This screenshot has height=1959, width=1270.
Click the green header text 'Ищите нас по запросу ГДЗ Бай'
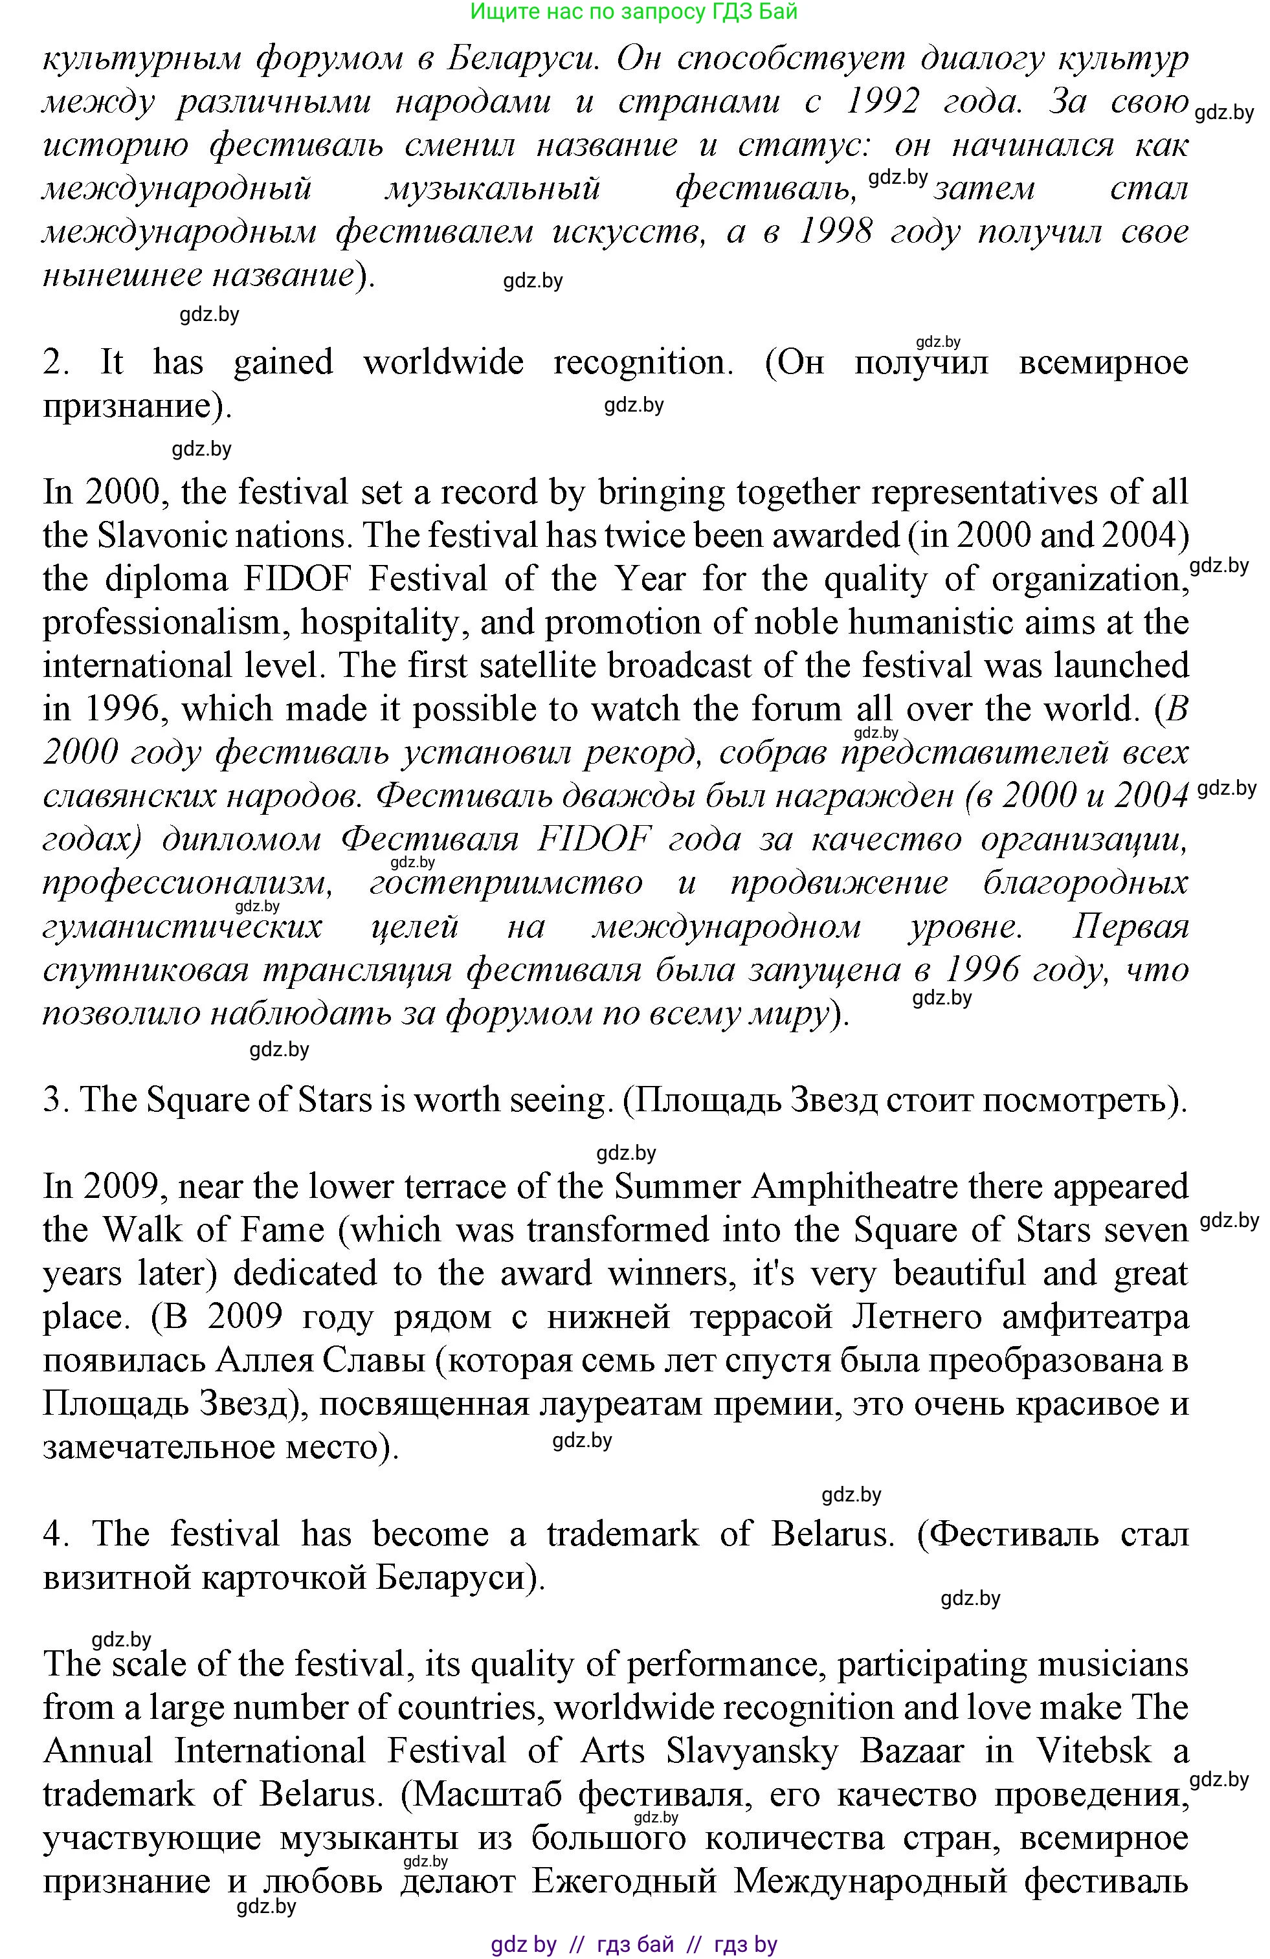(x=634, y=12)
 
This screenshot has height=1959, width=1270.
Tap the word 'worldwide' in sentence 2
(x=443, y=362)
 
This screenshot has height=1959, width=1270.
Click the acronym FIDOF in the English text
(x=298, y=579)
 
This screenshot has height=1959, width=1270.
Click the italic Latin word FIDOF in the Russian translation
(x=594, y=839)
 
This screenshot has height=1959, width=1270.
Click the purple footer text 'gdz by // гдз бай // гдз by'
(x=634, y=1944)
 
